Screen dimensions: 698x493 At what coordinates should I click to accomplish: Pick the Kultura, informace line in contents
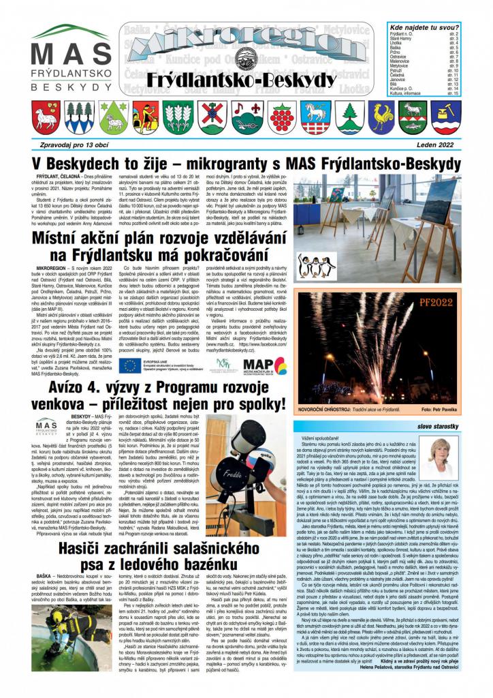[409, 93]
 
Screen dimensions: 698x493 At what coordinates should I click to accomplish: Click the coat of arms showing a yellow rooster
[383, 117]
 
